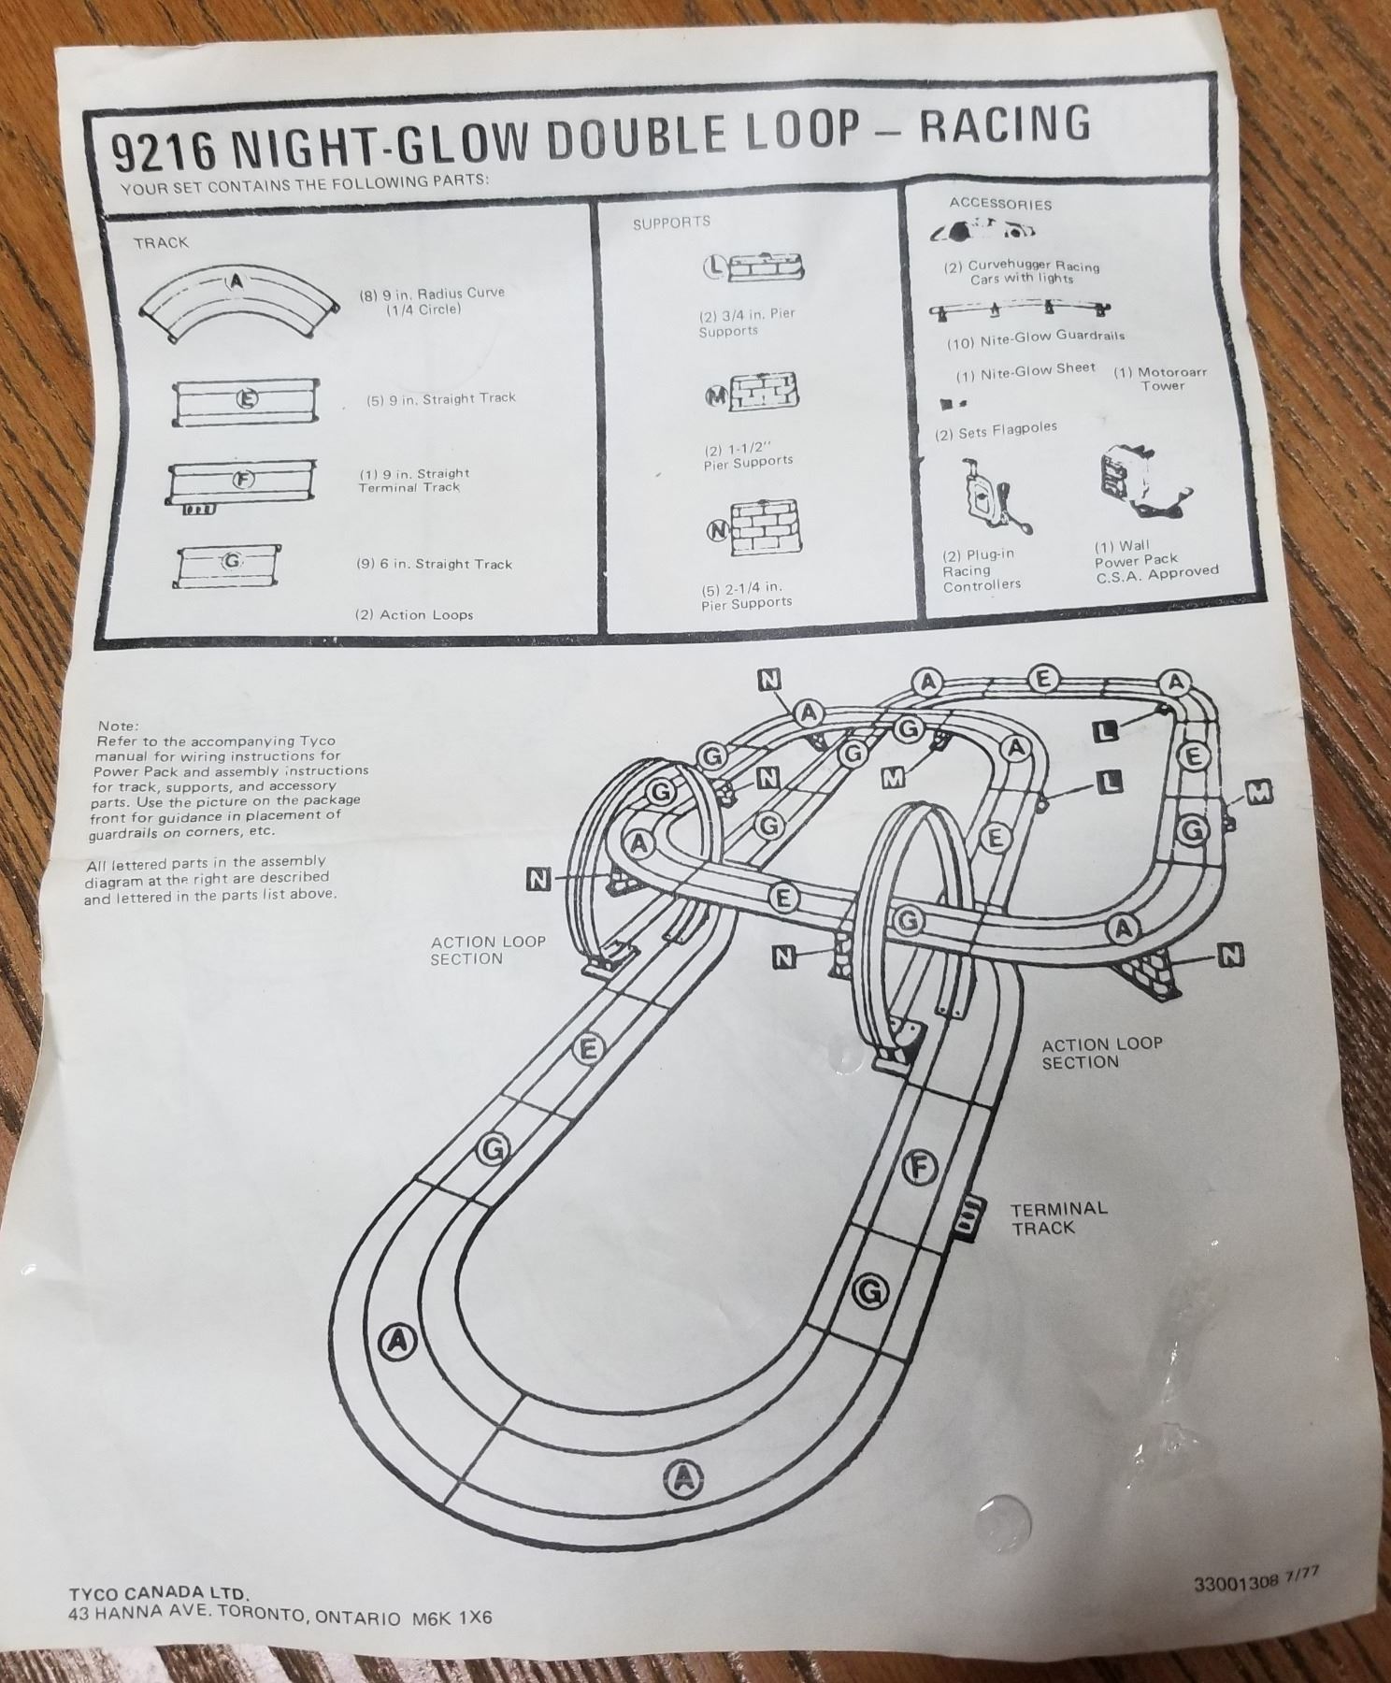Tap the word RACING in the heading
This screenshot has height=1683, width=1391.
click(1005, 124)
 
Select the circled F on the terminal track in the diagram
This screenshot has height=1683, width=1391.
click(921, 1168)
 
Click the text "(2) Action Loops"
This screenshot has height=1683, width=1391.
click(413, 614)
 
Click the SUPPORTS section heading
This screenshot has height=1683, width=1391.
click(671, 223)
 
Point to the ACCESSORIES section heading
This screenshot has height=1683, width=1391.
click(999, 203)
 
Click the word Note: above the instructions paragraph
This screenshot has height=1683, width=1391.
click(118, 726)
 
